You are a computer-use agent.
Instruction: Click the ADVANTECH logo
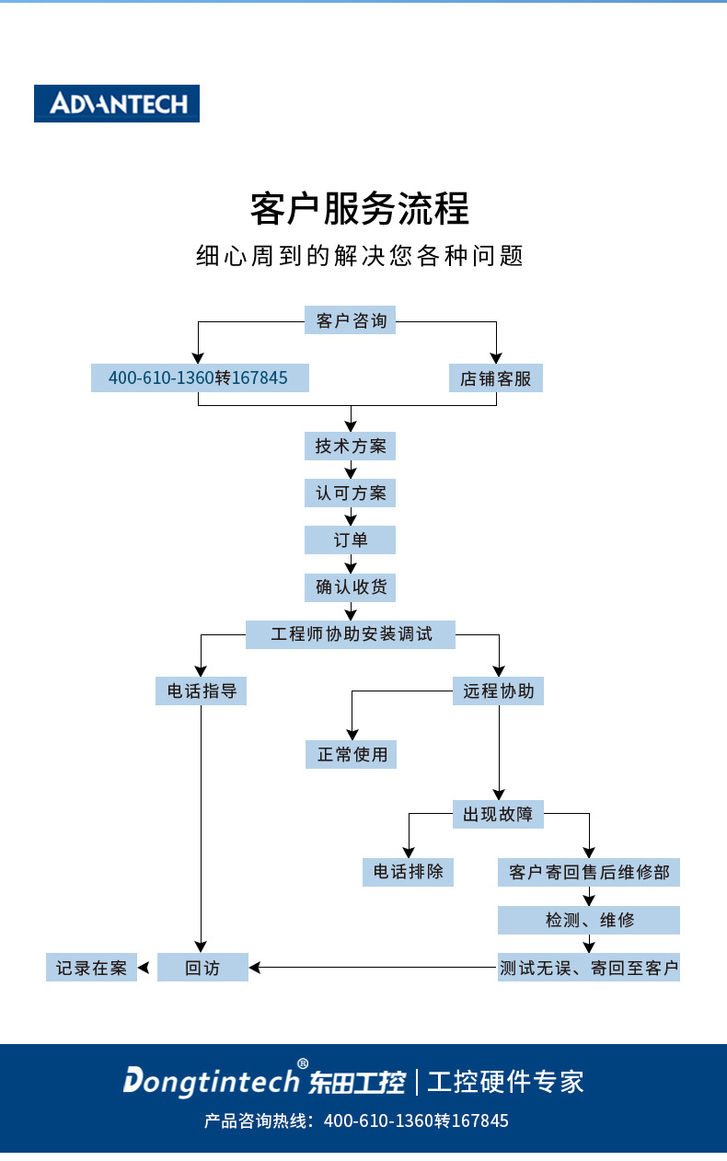(117, 103)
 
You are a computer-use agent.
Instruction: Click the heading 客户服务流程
(360, 209)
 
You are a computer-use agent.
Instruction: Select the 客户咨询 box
(351, 320)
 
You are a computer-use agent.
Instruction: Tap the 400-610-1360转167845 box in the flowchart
(199, 377)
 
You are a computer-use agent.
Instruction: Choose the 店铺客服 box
(496, 377)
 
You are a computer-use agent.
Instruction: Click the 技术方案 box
(351, 446)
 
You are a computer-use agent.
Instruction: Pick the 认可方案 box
(351, 493)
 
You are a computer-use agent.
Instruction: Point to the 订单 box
(351, 540)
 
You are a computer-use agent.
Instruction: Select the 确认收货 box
(351, 586)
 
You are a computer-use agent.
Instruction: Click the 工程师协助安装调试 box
(351, 634)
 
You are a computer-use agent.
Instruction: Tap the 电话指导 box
(201, 691)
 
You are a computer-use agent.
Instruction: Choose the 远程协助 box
(499, 691)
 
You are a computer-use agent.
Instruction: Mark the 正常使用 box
(352, 754)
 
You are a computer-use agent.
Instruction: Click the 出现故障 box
(499, 814)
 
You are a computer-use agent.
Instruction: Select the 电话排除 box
(409, 872)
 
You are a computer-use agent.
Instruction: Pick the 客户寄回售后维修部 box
(589, 872)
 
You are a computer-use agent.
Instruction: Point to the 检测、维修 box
(589, 920)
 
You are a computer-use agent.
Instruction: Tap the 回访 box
(202, 968)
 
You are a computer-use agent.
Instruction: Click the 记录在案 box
(91, 968)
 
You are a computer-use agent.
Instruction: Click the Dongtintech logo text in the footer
(212, 1081)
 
